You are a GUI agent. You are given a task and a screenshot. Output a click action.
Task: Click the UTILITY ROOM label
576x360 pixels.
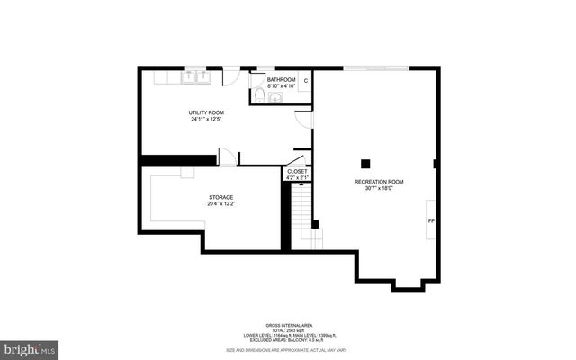pos(205,112)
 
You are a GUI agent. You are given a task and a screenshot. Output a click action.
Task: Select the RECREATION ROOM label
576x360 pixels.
pos(378,182)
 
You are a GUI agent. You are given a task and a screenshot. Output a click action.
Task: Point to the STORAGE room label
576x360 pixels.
pos(221,197)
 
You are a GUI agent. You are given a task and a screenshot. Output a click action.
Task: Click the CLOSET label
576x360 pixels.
pos(297,171)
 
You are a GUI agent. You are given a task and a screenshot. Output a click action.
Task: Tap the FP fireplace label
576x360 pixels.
pos(431,220)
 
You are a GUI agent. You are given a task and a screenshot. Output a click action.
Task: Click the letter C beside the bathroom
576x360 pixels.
pos(305,81)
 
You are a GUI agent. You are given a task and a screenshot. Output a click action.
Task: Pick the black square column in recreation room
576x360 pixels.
pos(365,163)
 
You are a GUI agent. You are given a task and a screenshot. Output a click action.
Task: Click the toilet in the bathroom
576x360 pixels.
pos(258,94)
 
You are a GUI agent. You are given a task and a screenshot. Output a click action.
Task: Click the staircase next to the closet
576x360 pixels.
pos(306,225)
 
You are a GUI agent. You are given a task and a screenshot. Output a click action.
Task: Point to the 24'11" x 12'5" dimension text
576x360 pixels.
pos(205,120)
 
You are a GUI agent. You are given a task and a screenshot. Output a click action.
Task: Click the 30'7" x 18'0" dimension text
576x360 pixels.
pos(378,189)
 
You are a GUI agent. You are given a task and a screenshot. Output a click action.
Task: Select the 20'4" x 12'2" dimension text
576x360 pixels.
pos(221,204)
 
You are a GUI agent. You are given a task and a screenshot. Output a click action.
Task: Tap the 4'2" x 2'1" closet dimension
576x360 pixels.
pos(297,177)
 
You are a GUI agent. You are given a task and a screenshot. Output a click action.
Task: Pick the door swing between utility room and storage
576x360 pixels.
pos(228,157)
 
